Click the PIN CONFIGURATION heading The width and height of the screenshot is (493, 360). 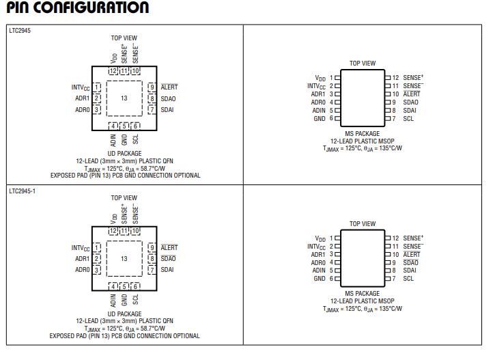tap(77, 8)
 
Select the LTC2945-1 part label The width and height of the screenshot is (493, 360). tap(23, 191)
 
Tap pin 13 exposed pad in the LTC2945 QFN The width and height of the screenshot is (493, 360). tap(124, 98)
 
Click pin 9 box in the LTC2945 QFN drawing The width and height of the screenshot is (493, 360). tap(152, 87)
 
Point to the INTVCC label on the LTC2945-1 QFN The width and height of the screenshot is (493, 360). tap(81, 248)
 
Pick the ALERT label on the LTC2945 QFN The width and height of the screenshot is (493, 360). tap(169, 87)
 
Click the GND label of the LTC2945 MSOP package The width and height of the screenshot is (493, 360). tap(320, 119)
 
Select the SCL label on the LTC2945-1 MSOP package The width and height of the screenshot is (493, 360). tap(408, 279)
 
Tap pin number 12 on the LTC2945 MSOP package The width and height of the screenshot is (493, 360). tap(395, 78)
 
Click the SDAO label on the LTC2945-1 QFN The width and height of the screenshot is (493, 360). tap(168, 258)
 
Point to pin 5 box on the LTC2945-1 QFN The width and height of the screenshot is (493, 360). tap(124, 286)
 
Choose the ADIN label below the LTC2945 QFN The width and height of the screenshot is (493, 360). tap(113, 140)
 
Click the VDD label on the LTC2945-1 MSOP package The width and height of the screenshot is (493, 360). tap(320, 238)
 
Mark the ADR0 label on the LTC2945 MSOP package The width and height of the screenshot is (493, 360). tap(318, 102)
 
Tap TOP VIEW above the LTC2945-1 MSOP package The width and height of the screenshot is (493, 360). tap(363, 224)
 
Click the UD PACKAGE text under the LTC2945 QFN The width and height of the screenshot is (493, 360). tap(124, 154)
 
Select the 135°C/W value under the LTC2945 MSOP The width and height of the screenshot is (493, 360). tap(391, 148)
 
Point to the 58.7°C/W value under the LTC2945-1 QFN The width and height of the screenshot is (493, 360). tap(153, 329)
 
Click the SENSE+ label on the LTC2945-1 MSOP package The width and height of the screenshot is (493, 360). tap(413, 238)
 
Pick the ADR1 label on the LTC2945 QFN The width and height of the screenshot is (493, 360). tap(83, 98)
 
